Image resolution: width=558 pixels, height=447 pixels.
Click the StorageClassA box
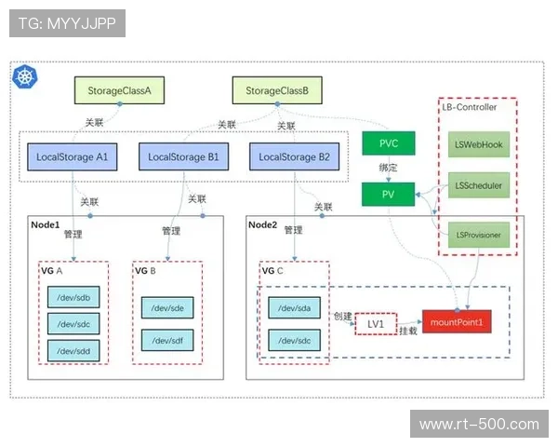119,91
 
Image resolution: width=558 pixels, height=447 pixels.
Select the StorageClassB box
277,91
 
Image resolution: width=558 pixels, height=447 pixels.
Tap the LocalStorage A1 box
72,157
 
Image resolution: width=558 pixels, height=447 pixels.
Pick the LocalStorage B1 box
183,157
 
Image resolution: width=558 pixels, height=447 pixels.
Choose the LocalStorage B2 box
294,157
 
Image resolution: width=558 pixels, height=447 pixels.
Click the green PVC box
388,144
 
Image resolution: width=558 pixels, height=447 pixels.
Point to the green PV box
388,194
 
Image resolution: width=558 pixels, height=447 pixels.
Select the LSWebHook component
479,145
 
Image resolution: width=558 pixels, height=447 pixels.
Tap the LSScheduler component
479,185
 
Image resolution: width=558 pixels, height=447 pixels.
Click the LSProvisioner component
479,235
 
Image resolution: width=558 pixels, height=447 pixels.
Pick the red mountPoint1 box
457,322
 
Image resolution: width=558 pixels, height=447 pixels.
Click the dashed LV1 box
376,323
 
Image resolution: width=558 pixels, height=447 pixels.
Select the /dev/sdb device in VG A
72,297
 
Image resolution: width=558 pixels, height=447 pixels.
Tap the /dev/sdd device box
72,350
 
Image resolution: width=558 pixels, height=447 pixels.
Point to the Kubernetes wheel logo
23,76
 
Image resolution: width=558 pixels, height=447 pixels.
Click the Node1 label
46,224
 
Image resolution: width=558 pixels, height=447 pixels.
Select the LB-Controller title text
470,107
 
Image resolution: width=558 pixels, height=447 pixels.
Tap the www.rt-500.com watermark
479,425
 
